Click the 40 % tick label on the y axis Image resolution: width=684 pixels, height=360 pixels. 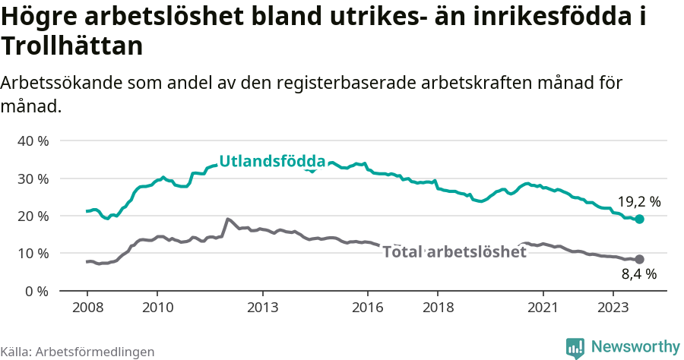coord(32,141)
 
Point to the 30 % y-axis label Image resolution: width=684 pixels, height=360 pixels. coord(32,178)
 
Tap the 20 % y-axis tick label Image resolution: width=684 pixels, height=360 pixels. coord(32,216)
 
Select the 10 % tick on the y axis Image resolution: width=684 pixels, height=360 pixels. coord(32,253)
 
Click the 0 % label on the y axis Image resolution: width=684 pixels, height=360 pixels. coord(36,290)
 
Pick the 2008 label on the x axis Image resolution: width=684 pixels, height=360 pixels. coord(87,308)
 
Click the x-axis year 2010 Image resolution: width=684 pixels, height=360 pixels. coord(157,308)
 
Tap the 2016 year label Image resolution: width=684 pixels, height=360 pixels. coord(368,308)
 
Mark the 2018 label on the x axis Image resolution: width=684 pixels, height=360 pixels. coord(439,308)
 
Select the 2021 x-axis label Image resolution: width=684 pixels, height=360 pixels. coord(544,308)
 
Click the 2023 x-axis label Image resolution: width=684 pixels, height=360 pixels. coord(614,308)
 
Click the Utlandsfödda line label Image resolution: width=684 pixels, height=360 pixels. coord(271,161)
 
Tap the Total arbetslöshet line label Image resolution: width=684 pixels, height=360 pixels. coord(454,252)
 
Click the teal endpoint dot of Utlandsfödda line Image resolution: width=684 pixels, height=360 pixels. coord(639,219)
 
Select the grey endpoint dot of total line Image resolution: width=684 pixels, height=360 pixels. coord(639,259)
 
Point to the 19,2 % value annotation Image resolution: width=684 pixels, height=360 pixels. coord(638,202)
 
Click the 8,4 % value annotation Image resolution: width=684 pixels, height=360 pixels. coord(638,275)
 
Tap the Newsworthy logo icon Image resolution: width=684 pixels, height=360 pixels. coord(575,348)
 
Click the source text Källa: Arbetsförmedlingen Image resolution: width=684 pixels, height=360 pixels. coord(78,352)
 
